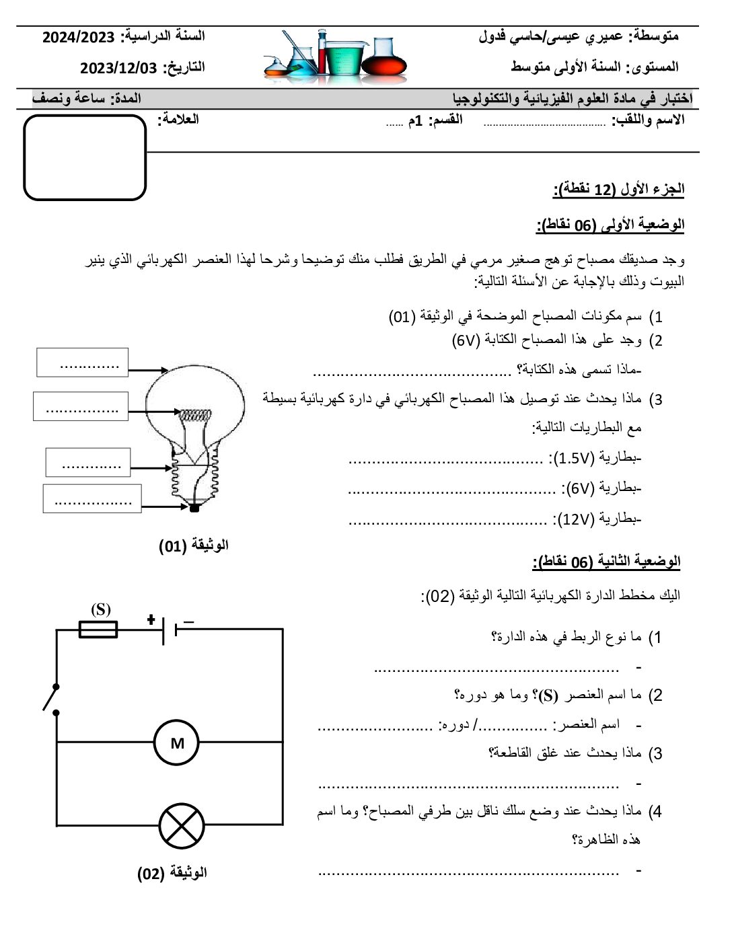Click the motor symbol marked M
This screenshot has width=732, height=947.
coord(177,743)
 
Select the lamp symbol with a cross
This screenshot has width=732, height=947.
coord(182,825)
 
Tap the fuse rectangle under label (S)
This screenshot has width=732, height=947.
coord(98,630)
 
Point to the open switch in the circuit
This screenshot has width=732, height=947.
coord(51,698)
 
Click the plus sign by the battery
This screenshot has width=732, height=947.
coord(151,619)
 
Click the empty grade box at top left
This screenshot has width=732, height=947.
coord(85,157)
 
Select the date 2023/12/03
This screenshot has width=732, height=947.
coord(118,68)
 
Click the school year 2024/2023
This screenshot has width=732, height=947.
coord(79,37)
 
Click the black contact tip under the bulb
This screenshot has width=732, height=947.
coord(194,508)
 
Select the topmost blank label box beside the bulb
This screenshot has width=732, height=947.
coord(82,363)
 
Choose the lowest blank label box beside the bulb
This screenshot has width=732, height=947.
coord(92,498)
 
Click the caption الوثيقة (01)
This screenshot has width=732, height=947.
coord(194,545)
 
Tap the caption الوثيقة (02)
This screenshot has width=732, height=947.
coord(172,873)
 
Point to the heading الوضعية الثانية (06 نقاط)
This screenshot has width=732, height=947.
coord(606,562)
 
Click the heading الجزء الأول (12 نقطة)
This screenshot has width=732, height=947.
coord(618,189)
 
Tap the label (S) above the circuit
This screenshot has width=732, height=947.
coord(101,609)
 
